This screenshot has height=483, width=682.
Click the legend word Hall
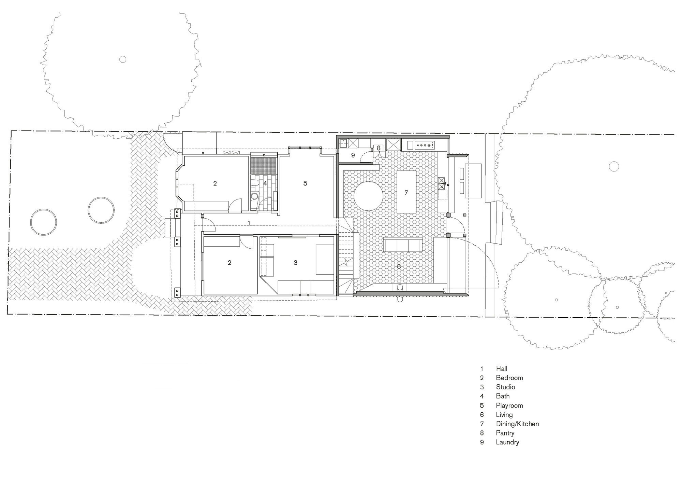click(x=502, y=369)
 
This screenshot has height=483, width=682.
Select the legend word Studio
click(x=505, y=387)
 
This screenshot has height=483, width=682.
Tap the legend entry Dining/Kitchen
click(x=517, y=424)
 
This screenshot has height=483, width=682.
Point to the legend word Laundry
click(x=507, y=442)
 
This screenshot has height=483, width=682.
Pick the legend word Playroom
click(x=509, y=405)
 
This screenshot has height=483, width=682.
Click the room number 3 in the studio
click(x=296, y=263)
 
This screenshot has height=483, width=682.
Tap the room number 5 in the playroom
click(x=305, y=183)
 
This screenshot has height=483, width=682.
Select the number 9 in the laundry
click(x=353, y=155)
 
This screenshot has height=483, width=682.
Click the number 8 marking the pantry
click(x=379, y=148)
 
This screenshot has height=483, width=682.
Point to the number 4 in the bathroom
click(x=265, y=183)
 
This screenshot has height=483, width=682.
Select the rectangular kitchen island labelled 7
click(x=406, y=192)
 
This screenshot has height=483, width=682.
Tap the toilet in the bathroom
click(x=254, y=196)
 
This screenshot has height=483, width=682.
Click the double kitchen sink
click(x=442, y=182)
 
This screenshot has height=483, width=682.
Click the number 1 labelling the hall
click(x=249, y=223)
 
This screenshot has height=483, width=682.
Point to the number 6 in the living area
click(x=399, y=266)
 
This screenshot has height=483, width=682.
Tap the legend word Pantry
click(x=505, y=433)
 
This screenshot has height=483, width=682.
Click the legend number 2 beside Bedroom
click(x=482, y=378)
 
